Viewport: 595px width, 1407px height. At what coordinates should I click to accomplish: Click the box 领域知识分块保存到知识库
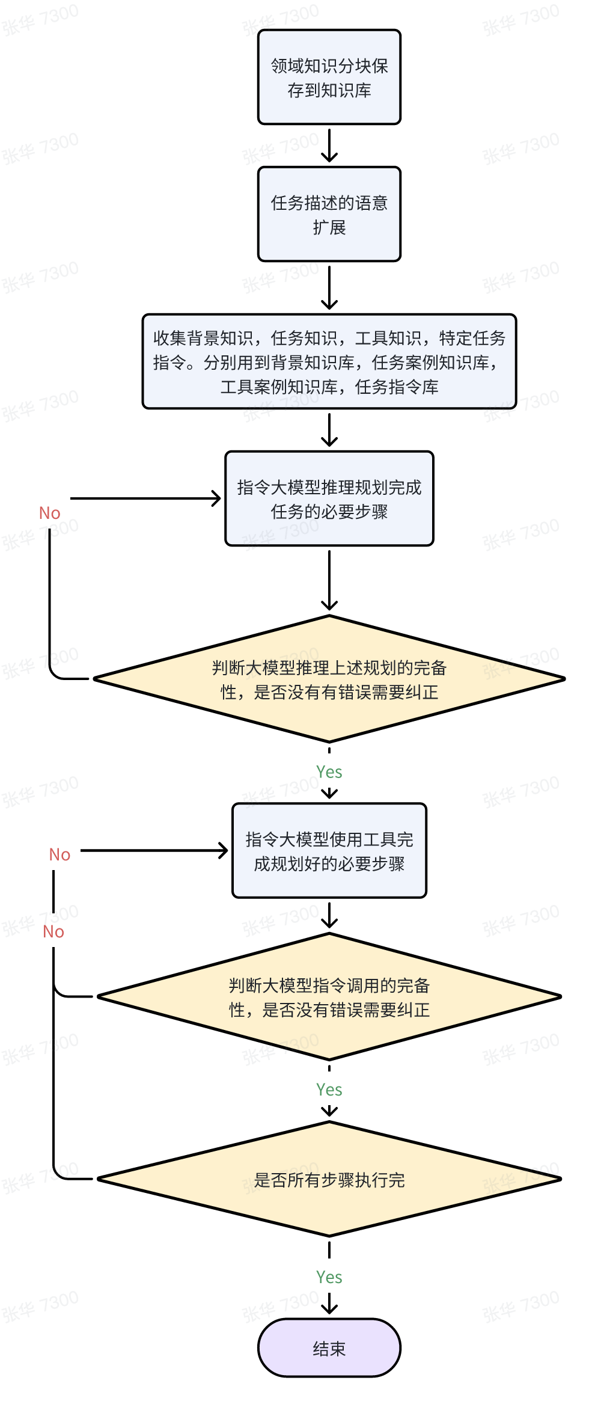click(329, 78)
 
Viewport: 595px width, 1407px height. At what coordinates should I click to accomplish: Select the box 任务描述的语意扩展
click(329, 215)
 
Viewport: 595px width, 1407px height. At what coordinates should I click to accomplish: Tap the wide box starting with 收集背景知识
click(329, 362)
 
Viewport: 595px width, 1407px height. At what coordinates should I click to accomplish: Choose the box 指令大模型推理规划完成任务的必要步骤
click(329, 499)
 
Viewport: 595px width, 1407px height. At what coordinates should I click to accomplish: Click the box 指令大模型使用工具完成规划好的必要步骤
click(329, 851)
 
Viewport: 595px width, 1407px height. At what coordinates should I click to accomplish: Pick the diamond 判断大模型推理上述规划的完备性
click(329, 679)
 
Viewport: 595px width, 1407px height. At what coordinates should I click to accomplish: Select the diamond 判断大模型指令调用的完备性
click(329, 997)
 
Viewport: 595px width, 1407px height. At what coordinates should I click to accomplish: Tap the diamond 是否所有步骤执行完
click(329, 1180)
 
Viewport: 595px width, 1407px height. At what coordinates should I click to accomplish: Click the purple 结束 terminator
click(329, 1349)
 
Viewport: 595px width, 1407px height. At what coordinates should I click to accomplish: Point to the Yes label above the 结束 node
click(329, 1277)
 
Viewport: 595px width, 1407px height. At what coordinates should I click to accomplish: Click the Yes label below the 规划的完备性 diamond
click(329, 772)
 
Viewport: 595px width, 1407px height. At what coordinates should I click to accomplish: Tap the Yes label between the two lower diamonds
click(329, 1090)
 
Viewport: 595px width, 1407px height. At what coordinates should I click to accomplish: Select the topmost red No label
click(50, 513)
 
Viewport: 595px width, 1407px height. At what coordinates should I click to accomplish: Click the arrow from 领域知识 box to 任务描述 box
click(329, 146)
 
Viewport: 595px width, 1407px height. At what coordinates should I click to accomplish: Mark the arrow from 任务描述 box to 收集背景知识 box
click(329, 287)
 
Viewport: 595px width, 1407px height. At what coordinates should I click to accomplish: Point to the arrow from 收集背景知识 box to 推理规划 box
click(329, 430)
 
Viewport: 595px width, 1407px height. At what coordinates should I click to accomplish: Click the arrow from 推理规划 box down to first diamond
click(329, 580)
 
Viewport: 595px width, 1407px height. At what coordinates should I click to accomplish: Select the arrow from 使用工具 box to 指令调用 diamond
click(329, 915)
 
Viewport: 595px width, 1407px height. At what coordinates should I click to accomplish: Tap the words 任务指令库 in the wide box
click(397, 387)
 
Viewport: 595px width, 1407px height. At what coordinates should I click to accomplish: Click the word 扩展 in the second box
click(329, 228)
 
